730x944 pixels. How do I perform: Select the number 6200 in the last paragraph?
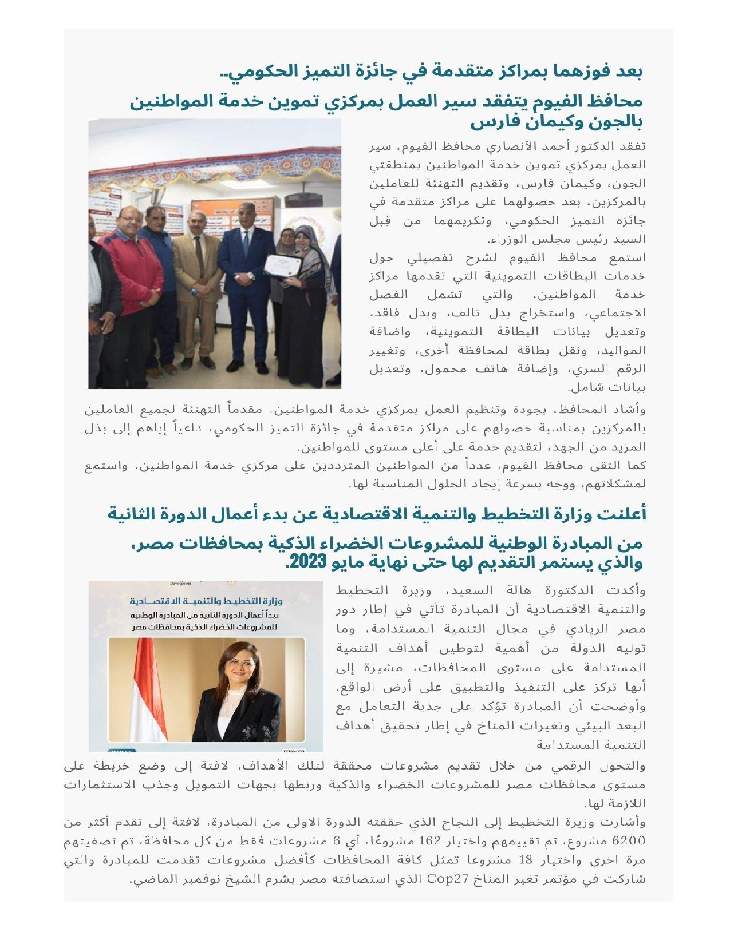coord(629,840)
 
